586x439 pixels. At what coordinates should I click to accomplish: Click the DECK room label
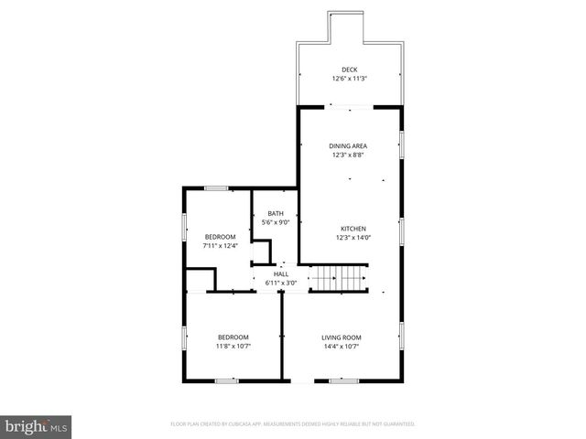(x=349, y=70)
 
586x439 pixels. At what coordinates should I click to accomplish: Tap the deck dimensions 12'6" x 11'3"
(x=349, y=79)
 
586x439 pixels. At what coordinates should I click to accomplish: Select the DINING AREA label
(x=349, y=145)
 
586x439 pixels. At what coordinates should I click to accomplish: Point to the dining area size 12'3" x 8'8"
(x=349, y=155)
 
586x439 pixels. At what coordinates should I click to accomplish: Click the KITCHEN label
(x=353, y=229)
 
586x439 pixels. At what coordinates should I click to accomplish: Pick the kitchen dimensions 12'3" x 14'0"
(x=353, y=238)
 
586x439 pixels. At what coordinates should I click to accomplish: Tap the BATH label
(x=276, y=212)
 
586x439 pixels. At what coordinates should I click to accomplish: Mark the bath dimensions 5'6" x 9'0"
(x=276, y=221)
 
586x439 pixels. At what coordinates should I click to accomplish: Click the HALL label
(x=281, y=273)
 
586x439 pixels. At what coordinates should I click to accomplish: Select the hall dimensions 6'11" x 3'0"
(x=281, y=283)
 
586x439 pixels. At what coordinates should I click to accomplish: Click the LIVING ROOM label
(x=341, y=337)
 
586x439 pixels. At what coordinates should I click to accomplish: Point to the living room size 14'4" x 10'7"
(x=341, y=346)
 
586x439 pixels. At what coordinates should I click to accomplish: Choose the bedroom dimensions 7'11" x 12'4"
(x=220, y=245)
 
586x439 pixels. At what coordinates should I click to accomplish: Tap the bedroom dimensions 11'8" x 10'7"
(x=233, y=346)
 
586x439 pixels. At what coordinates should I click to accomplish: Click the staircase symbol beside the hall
(x=337, y=276)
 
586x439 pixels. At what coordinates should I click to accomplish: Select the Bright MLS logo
(x=37, y=426)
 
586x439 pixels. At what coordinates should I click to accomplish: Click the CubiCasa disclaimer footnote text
(x=293, y=424)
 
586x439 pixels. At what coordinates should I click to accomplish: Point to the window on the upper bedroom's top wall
(x=216, y=188)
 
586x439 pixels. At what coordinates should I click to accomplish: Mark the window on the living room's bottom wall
(x=343, y=380)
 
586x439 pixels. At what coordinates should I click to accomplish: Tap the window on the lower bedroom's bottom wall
(x=226, y=380)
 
